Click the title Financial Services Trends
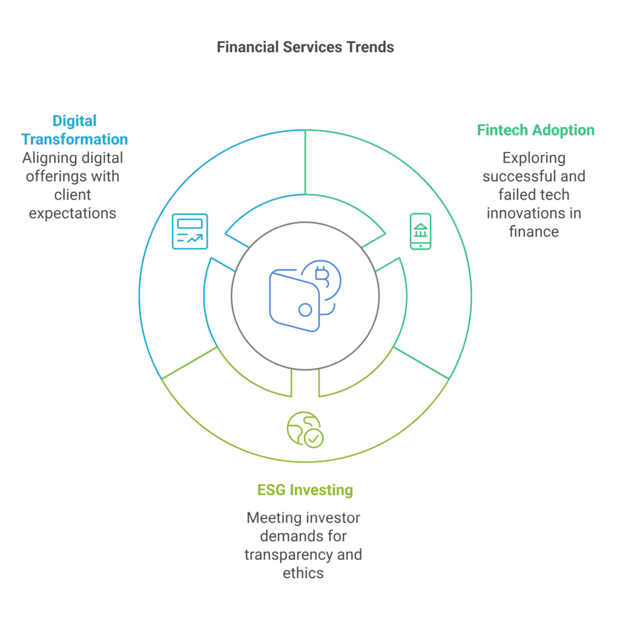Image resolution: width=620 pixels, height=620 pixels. click(x=305, y=47)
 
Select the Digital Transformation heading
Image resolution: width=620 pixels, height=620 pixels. click(x=74, y=130)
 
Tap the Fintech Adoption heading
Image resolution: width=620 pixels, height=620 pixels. click(x=536, y=130)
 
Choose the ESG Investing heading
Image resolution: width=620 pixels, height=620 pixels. click(x=305, y=490)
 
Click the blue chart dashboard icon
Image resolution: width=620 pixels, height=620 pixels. click(x=190, y=231)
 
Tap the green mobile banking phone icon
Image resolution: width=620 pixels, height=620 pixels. click(x=421, y=231)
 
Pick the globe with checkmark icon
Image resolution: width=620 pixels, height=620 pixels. click(x=305, y=430)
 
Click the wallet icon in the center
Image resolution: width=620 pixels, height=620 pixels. click(x=295, y=300)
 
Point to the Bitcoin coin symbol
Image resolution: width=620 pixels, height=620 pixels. click(x=322, y=278)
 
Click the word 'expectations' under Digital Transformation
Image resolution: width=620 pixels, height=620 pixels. click(x=73, y=214)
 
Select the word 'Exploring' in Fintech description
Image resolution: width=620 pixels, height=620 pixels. click(x=534, y=158)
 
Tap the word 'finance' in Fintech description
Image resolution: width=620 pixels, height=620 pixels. click(x=534, y=232)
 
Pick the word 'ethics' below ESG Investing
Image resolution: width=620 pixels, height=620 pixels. click(x=303, y=573)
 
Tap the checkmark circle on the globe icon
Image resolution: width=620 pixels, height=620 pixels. click(x=314, y=438)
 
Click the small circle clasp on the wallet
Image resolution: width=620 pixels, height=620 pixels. click(x=305, y=310)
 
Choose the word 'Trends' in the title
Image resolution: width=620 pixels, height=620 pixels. click(x=371, y=47)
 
